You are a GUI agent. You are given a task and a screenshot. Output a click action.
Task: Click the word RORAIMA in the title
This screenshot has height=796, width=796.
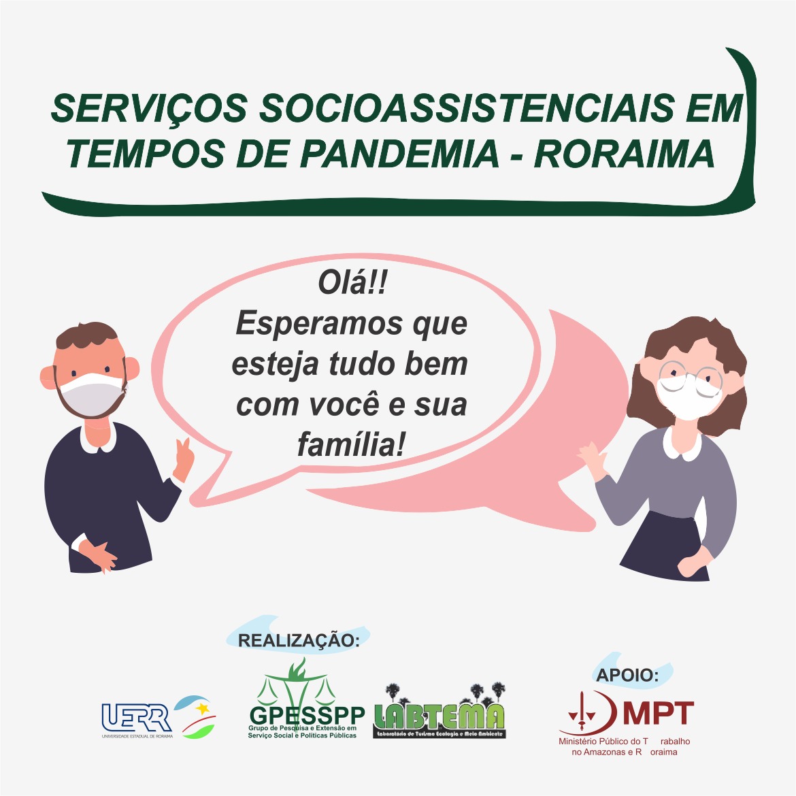(624, 154)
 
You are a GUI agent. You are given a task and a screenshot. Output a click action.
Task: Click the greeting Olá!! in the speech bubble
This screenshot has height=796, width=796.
(352, 283)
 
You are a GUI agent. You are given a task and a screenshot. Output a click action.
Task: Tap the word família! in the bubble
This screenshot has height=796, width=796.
(352, 445)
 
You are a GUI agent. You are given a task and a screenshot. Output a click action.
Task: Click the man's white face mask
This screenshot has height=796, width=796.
(91, 395)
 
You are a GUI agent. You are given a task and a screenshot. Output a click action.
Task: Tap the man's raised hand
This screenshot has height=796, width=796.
(184, 459)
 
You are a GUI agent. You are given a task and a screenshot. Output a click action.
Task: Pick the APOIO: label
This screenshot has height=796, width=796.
(627, 675)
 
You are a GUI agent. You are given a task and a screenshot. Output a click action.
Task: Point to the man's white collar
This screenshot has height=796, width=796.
(98, 439)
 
